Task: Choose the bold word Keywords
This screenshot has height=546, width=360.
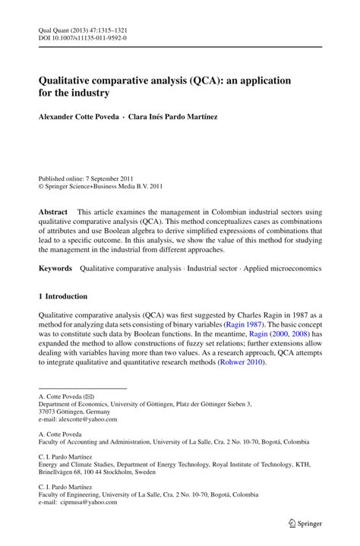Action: pos(55,268)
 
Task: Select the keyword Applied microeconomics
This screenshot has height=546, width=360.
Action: pos(284,268)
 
